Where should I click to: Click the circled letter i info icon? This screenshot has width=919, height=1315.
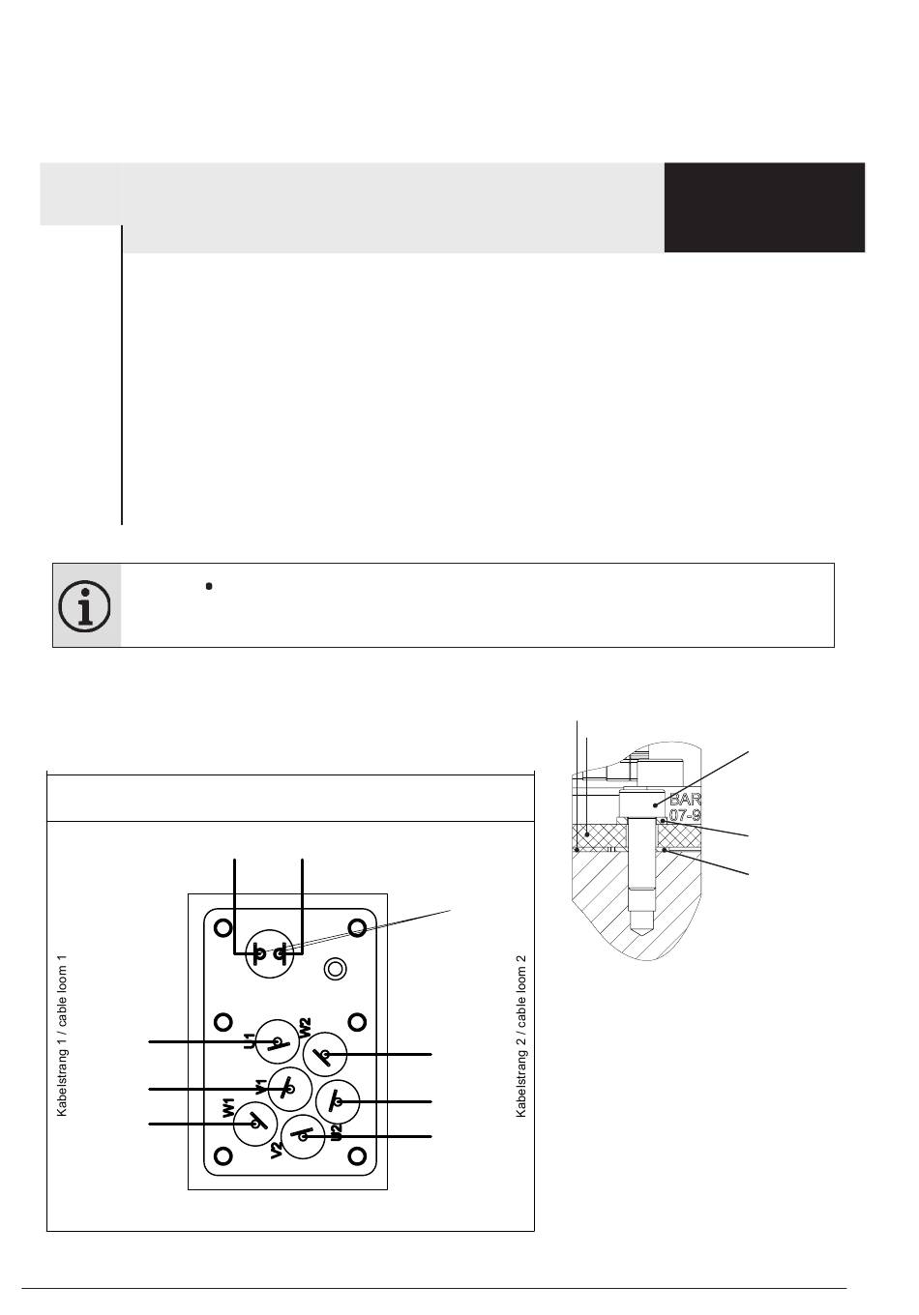85,606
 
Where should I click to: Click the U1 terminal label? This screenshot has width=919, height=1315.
250,1041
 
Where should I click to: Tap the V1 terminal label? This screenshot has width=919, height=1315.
261,1087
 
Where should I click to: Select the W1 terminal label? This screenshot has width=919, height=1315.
228,1108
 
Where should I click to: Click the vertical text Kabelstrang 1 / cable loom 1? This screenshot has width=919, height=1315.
63,1035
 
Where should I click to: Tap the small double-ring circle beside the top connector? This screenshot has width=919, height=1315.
335,968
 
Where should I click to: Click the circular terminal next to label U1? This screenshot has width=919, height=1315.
278,1042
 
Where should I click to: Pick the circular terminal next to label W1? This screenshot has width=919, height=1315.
256,1124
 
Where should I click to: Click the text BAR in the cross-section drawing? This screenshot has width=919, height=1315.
685,801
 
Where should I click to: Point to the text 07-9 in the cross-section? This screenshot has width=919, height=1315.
685,816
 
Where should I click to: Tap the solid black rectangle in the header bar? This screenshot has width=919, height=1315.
764,208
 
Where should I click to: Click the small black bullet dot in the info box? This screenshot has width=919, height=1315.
209,586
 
